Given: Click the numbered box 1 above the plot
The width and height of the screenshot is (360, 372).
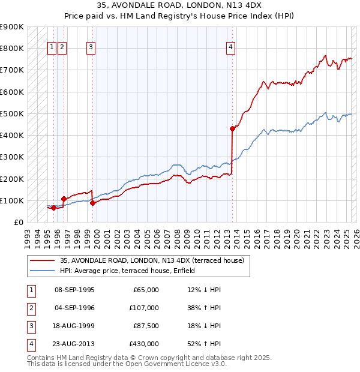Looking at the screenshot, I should (x=52, y=49).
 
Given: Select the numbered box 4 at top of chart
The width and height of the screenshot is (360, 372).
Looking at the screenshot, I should (x=230, y=49).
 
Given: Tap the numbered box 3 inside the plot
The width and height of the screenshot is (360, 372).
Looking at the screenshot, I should (x=91, y=49).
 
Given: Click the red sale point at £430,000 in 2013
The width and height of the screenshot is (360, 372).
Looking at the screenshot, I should (x=232, y=128).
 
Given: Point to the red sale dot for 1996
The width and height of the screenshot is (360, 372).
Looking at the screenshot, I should (x=63, y=199).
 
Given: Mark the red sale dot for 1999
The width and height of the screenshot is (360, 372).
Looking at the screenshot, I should (x=92, y=203).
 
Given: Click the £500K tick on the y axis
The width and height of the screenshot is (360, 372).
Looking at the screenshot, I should (x=12, y=113).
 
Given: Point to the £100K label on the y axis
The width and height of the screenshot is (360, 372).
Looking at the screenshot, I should (x=12, y=200).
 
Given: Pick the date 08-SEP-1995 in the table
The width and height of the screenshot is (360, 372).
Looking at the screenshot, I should (x=74, y=290).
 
